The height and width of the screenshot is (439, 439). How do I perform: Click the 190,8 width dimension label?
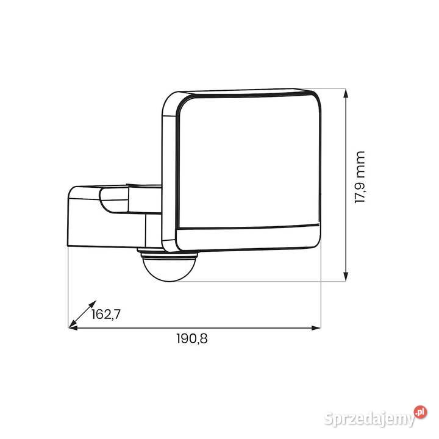[192, 338]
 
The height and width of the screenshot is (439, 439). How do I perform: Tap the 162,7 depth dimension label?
[106, 314]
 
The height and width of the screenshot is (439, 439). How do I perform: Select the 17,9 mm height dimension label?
[360, 177]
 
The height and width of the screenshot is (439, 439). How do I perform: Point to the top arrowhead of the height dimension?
[346, 93]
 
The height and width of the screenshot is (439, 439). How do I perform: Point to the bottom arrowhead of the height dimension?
[346, 276]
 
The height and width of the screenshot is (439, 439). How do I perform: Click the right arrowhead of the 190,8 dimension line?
[316, 328]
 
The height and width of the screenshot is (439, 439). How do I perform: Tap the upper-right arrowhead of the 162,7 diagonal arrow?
[93, 304]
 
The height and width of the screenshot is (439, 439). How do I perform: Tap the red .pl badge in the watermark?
[421, 412]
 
